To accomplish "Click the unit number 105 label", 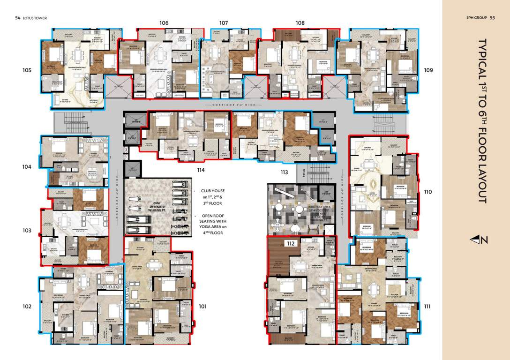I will coord(27,70).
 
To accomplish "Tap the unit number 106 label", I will coord(164,22).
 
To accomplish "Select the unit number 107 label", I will coord(224,22).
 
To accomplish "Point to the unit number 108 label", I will coord(300,22).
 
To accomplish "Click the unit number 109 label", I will coord(428,70).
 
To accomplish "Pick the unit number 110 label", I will coord(427,192).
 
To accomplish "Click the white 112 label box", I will coord(291,243).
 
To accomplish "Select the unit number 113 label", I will coord(285,172).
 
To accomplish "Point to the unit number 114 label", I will coord(201,170).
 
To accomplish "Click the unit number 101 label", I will coord(202,307).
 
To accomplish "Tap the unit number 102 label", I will coord(27,307).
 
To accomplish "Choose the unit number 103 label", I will coord(27,231).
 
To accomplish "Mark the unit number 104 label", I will coord(27,166).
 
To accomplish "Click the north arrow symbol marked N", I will coord(479,240).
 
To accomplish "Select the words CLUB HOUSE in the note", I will coord(213,191).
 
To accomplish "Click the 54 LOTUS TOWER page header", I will coord(31,18).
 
